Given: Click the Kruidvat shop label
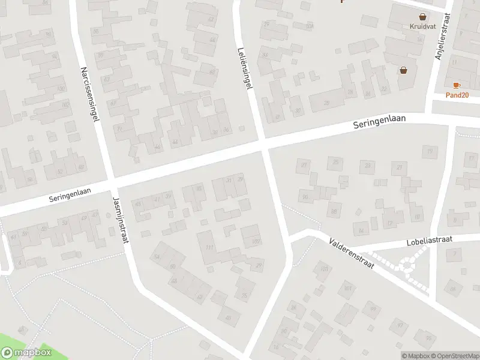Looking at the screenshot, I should coord(423,26).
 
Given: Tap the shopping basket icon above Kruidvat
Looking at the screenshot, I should coord(423,17).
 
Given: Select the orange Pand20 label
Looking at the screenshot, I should coord(457,95).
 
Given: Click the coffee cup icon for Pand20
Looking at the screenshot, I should coord(457,86).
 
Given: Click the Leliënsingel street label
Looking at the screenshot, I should coord(244,70).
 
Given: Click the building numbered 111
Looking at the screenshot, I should coord(209,248).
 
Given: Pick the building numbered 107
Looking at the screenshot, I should coord(256,241).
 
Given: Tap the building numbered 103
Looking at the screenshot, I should coord(325,269).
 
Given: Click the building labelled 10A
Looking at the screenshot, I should coord(310,26).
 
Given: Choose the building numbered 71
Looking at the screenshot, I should coord(119,129).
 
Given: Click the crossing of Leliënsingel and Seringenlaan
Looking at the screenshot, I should coord(264,145).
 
